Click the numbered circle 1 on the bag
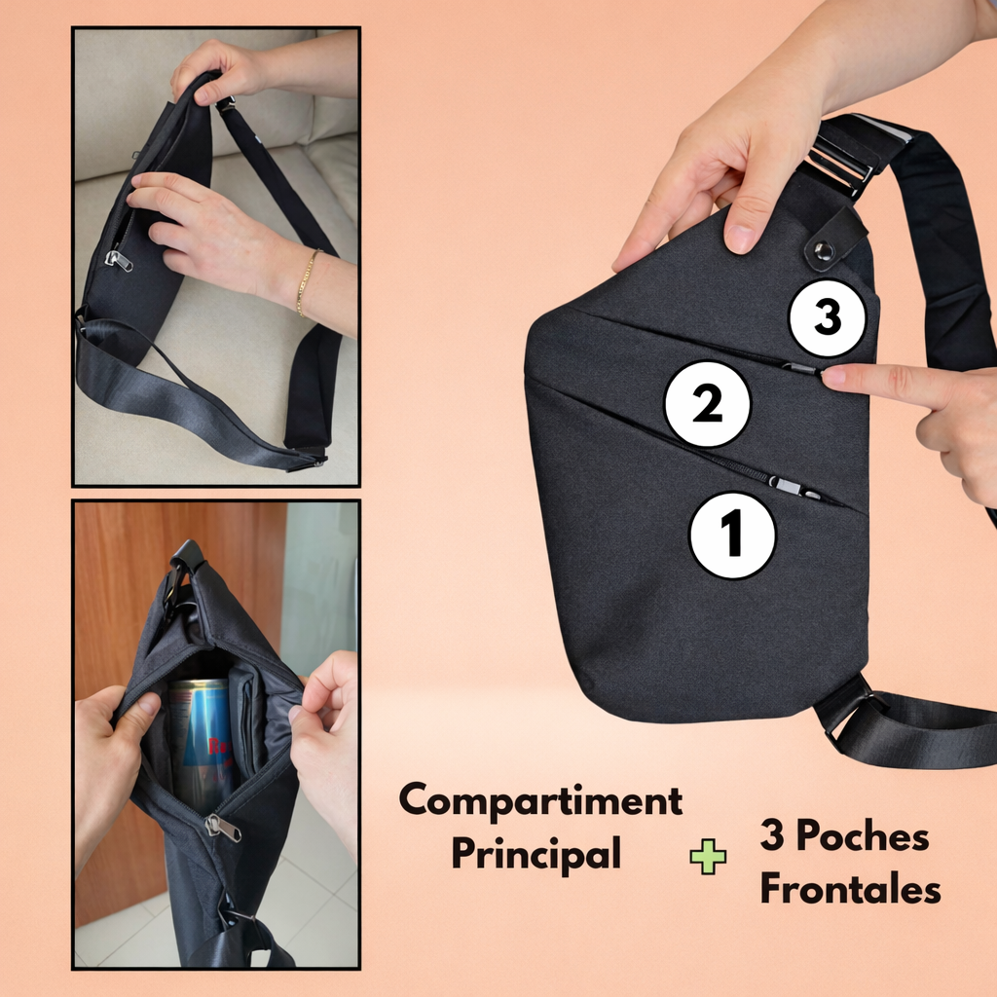(x=732, y=535)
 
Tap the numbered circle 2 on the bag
(x=707, y=403)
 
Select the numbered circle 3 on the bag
(x=827, y=317)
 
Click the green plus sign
(x=708, y=856)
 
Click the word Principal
(x=535, y=854)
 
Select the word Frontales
(x=850, y=889)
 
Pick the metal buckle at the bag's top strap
(x=838, y=157)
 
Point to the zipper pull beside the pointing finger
(x=800, y=369)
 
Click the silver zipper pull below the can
(x=223, y=828)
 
